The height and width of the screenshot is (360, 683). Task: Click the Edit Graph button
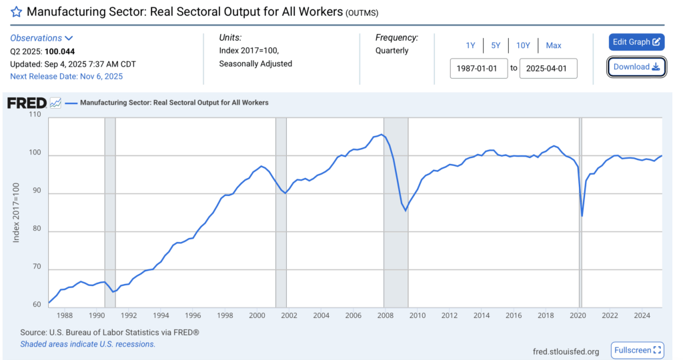(x=636, y=42)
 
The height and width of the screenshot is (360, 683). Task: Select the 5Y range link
(x=496, y=45)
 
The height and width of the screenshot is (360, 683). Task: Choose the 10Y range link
(x=522, y=45)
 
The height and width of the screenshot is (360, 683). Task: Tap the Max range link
(x=554, y=45)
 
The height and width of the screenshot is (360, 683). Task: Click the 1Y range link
(x=470, y=45)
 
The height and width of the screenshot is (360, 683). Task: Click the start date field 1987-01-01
(x=479, y=68)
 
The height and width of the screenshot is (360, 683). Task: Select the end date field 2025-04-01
(x=548, y=68)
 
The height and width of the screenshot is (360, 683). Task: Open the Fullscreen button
(x=638, y=350)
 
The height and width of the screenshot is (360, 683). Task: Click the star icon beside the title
(x=16, y=12)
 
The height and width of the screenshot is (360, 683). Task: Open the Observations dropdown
(x=41, y=38)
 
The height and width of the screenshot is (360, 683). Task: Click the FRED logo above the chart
(x=27, y=103)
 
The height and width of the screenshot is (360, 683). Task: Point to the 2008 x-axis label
(x=385, y=315)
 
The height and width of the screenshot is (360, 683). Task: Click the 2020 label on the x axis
(x=578, y=315)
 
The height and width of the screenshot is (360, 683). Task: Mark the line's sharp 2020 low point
(x=582, y=216)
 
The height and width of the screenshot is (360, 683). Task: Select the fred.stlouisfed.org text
(x=566, y=351)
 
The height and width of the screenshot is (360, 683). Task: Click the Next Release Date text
(x=67, y=76)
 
